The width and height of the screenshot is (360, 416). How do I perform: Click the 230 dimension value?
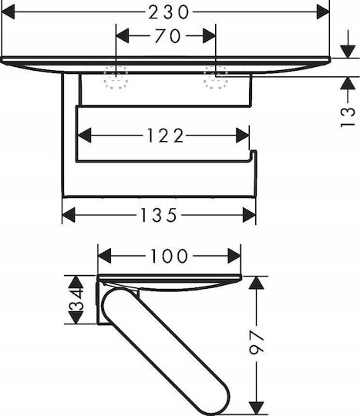(169, 12)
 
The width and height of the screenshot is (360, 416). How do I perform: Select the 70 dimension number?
(168, 35)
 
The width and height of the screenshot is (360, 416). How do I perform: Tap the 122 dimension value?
(165, 136)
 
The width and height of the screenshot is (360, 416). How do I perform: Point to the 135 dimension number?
(158, 215)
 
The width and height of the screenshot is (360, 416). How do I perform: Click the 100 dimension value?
(169, 256)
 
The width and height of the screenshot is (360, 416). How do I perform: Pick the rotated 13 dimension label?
(348, 117)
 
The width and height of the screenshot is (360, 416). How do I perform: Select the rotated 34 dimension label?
(76, 300)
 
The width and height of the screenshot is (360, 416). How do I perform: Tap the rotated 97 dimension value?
(257, 342)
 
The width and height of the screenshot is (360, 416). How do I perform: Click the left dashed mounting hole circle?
(116, 77)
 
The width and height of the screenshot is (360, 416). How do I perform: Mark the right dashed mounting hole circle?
(216, 77)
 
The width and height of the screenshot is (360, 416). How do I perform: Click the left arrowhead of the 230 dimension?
(8, 12)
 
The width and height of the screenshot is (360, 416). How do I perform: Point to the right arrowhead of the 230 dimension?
(323, 12)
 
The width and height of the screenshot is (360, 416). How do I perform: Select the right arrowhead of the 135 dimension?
(249, 215)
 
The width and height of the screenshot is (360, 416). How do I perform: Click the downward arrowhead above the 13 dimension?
(348, 52)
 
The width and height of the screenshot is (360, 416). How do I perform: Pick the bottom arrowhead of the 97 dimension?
(257, 408)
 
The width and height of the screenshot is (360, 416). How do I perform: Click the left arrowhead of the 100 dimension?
(104, 256)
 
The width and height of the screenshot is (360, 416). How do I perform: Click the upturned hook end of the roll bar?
(254, 154)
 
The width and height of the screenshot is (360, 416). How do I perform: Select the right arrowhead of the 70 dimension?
(209, 35)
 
